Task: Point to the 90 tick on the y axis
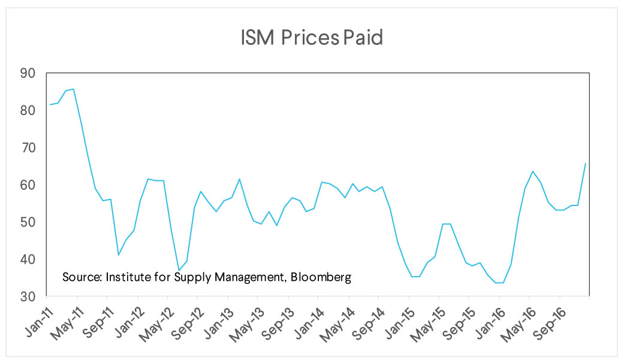pos(28,74)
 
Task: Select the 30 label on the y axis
pos(28,297)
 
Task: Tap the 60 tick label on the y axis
pos(28,185)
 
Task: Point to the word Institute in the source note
pos(126,277)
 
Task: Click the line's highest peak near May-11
pos(73,89)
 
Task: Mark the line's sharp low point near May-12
pos(179,270)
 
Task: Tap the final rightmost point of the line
pos(586,164)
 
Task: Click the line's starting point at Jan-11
pos(50,105)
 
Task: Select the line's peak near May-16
pos(532,171)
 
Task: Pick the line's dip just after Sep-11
pos(119,255)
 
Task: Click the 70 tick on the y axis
pos(28,148)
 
